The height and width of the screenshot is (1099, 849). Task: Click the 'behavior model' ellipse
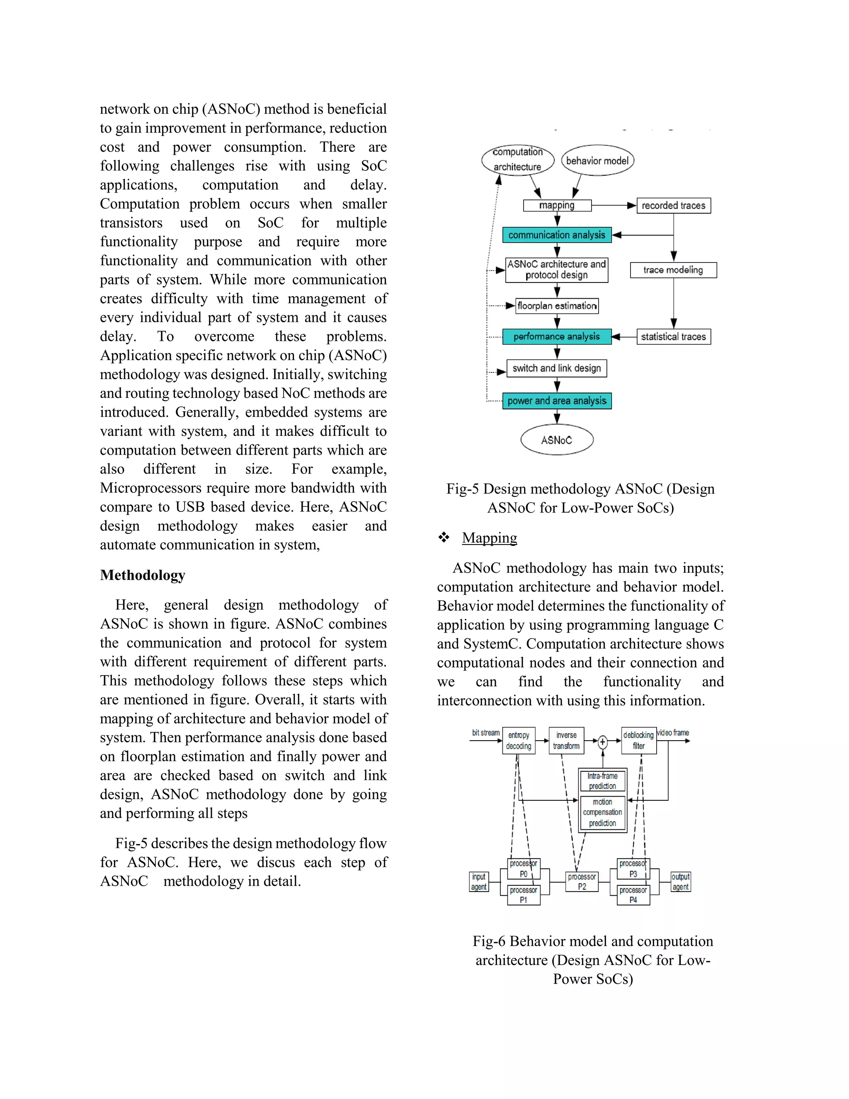[597, 160]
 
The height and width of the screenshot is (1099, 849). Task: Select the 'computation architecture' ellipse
[517, 160]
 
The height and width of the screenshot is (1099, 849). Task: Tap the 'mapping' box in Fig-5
[557, 205]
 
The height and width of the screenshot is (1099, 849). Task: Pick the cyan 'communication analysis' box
[557, 235]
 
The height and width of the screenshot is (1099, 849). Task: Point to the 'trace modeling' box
[673, 270]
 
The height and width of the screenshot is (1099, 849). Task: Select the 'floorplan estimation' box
[557, 306]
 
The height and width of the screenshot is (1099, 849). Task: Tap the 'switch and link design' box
[557, 368]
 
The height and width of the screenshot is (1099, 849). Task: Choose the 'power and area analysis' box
[557, 401]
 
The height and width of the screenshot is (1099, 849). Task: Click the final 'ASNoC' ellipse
[557, 440]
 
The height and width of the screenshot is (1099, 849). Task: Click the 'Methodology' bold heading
[142, 575]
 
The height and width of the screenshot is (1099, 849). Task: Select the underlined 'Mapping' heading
[490, 538]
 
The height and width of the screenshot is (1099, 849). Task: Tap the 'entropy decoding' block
[519, 741]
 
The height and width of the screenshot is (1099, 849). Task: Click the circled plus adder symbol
[602, 742]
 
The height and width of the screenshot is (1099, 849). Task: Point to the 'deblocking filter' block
[639, 741]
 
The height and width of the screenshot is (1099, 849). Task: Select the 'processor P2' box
[582, 882]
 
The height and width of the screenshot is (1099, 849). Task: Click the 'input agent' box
[479, 882]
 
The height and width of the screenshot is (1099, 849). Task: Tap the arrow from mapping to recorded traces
[614, 205]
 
